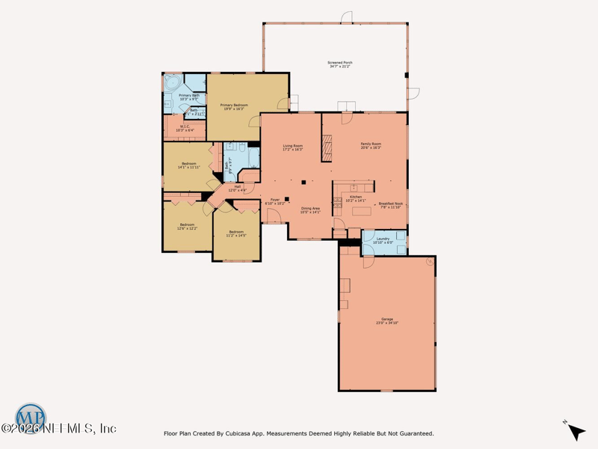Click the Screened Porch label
coord(340,64)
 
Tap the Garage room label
coord(387,321)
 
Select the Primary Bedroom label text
coord(234,107)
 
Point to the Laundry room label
coord(383,240)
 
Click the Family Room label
coord(371,146)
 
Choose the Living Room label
coord(292,147)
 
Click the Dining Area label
coord(310,210)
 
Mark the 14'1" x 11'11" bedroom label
coord(188,165)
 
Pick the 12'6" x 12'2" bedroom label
coord(187,226)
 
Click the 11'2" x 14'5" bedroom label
coord(236,233)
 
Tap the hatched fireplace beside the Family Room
coord(326,147)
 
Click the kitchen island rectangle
coord(362,213)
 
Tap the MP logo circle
coord(31,416)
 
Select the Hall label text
coord(237,188)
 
